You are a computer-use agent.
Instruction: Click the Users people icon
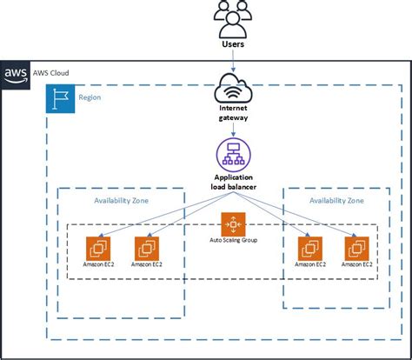(x=232, y=17)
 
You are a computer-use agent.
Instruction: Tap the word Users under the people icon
(x=232, y=43)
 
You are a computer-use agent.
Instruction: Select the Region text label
(x=90, y=97)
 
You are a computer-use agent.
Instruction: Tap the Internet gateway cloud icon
(x=232, y=89)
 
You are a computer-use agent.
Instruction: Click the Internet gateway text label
(x=232, y=113)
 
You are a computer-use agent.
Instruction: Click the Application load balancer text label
(x=232, y=181)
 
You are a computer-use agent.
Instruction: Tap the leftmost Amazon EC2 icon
(x=97, y=247)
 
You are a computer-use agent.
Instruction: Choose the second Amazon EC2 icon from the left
(x=145, y=247)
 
